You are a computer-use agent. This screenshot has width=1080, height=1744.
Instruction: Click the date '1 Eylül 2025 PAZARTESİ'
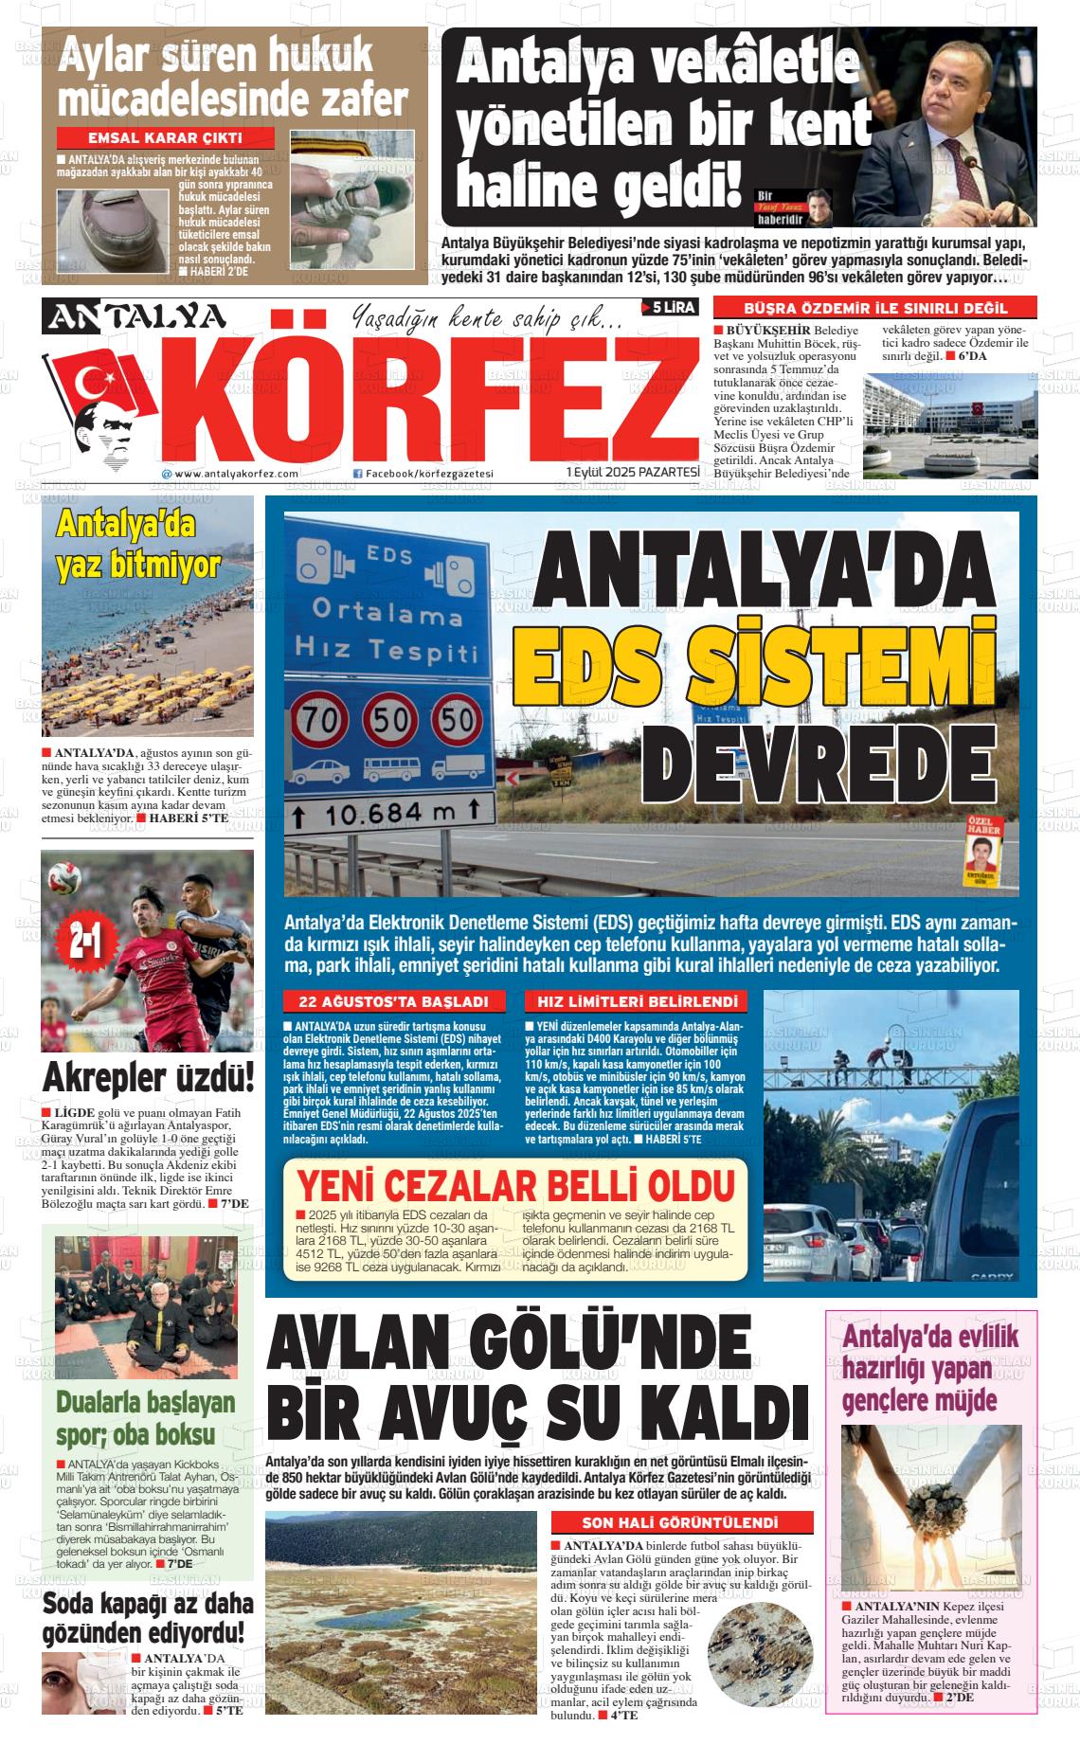coord(633,472)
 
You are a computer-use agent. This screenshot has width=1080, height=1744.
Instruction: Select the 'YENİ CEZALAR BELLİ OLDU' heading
coord(515,1186)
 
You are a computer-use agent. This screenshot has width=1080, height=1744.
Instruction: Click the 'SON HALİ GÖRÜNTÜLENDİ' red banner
coord(682,1522)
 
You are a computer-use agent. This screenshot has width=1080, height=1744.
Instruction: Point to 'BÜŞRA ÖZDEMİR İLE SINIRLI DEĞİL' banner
coord(874,308)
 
